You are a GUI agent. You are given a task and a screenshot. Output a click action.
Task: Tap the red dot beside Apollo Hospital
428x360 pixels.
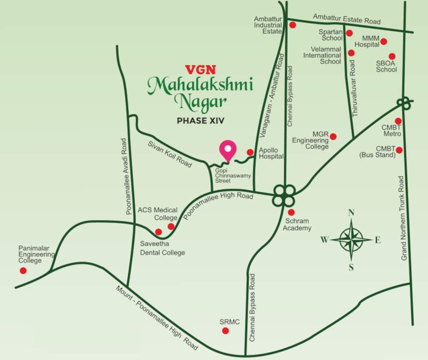coord(250,152)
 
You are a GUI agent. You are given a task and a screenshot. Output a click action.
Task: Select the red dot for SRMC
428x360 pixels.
coord(225,331)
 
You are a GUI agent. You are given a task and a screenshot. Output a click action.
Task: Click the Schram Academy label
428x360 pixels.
coord(297,225)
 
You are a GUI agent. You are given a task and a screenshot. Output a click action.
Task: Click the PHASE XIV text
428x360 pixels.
coord(200,120)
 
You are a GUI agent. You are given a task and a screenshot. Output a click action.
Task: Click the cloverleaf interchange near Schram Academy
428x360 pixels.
coord(284,195)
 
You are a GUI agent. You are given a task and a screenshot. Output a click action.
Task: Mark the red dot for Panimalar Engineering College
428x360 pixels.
coord(23,270)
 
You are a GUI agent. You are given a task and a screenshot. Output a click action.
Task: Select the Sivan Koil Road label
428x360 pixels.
coord(170,154)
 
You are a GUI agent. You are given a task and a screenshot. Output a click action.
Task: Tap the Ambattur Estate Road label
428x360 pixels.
coord(347,19)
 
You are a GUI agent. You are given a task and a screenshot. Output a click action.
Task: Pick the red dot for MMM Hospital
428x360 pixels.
coord(383,41)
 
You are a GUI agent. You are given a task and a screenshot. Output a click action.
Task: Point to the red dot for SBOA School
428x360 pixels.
coord(392,56)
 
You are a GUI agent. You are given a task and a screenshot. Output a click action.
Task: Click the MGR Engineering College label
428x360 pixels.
coord(311,140)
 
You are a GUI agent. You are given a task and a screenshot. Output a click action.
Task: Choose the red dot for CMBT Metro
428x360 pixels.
coord(398,121)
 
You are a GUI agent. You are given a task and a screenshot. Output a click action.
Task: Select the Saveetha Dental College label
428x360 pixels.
coord(162,248)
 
